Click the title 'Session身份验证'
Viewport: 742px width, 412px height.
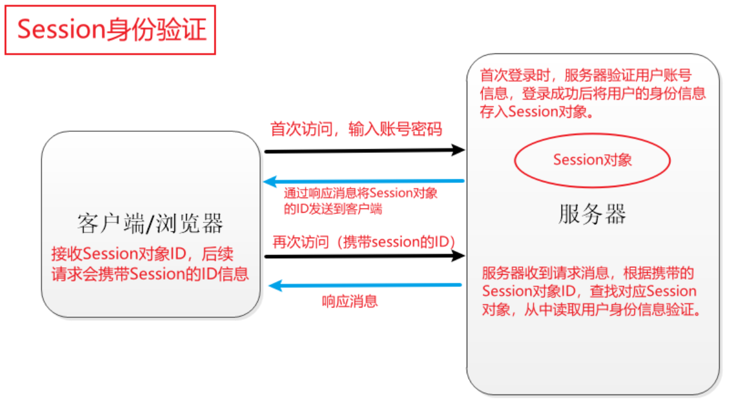112,30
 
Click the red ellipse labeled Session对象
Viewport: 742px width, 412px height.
592,160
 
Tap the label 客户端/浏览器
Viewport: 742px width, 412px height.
151,224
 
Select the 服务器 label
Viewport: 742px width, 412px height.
592,214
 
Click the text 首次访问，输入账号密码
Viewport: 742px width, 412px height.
356,129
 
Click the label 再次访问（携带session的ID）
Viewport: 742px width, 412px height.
363,241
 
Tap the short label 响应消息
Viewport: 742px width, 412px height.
349,301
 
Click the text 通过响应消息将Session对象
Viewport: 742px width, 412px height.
361,194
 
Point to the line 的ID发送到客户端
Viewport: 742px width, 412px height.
333,209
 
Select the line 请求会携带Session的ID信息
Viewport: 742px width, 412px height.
150,273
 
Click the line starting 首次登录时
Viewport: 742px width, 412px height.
586,75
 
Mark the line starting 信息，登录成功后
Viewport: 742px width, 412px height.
593,93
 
